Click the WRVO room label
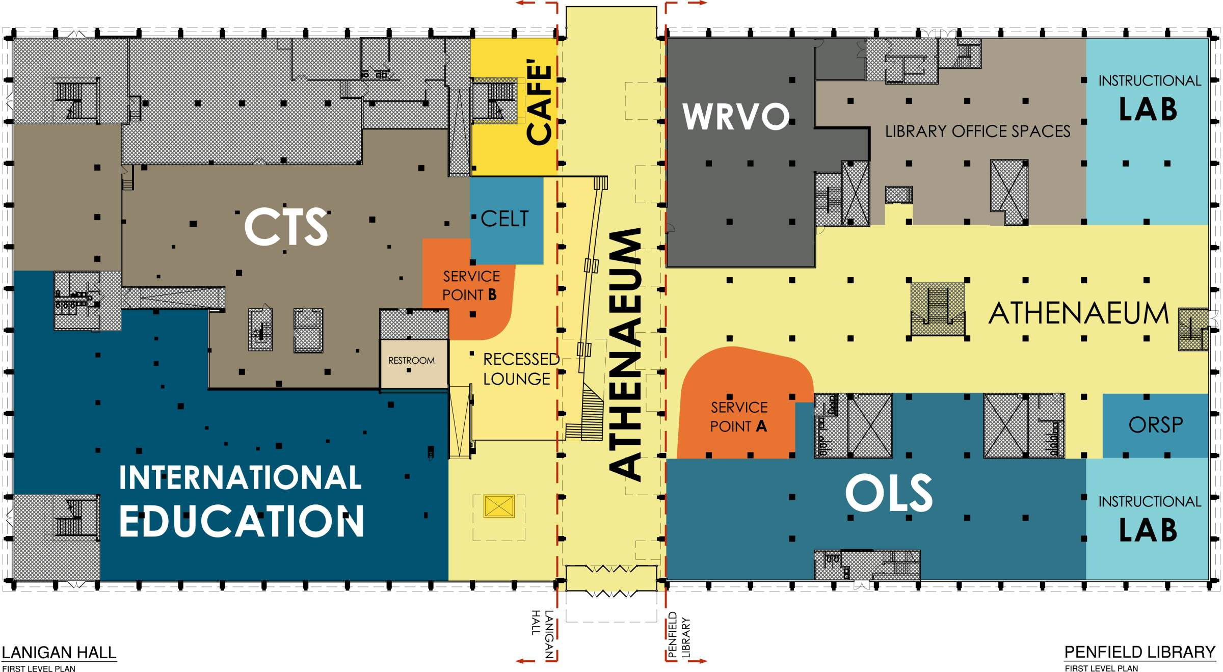(736, 116)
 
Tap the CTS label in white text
(286, 227)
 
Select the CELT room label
(504, 219)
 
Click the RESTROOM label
(411, 361)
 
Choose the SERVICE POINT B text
(471, 285)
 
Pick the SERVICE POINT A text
(739, 417)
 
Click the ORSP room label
(1156, 425)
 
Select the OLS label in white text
(889, 493)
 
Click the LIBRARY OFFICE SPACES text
(978, 131)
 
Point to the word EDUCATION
(242, 521)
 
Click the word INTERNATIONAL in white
(240, 477)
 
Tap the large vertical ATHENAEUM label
(625, 354)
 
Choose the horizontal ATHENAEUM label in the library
(1079, 313)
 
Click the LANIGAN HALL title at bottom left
(59, 653)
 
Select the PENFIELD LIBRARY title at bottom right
(1140, 652)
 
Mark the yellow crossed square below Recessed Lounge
(499, 506)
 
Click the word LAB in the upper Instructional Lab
(1148, 110)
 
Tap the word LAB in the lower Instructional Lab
(1148, 530)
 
